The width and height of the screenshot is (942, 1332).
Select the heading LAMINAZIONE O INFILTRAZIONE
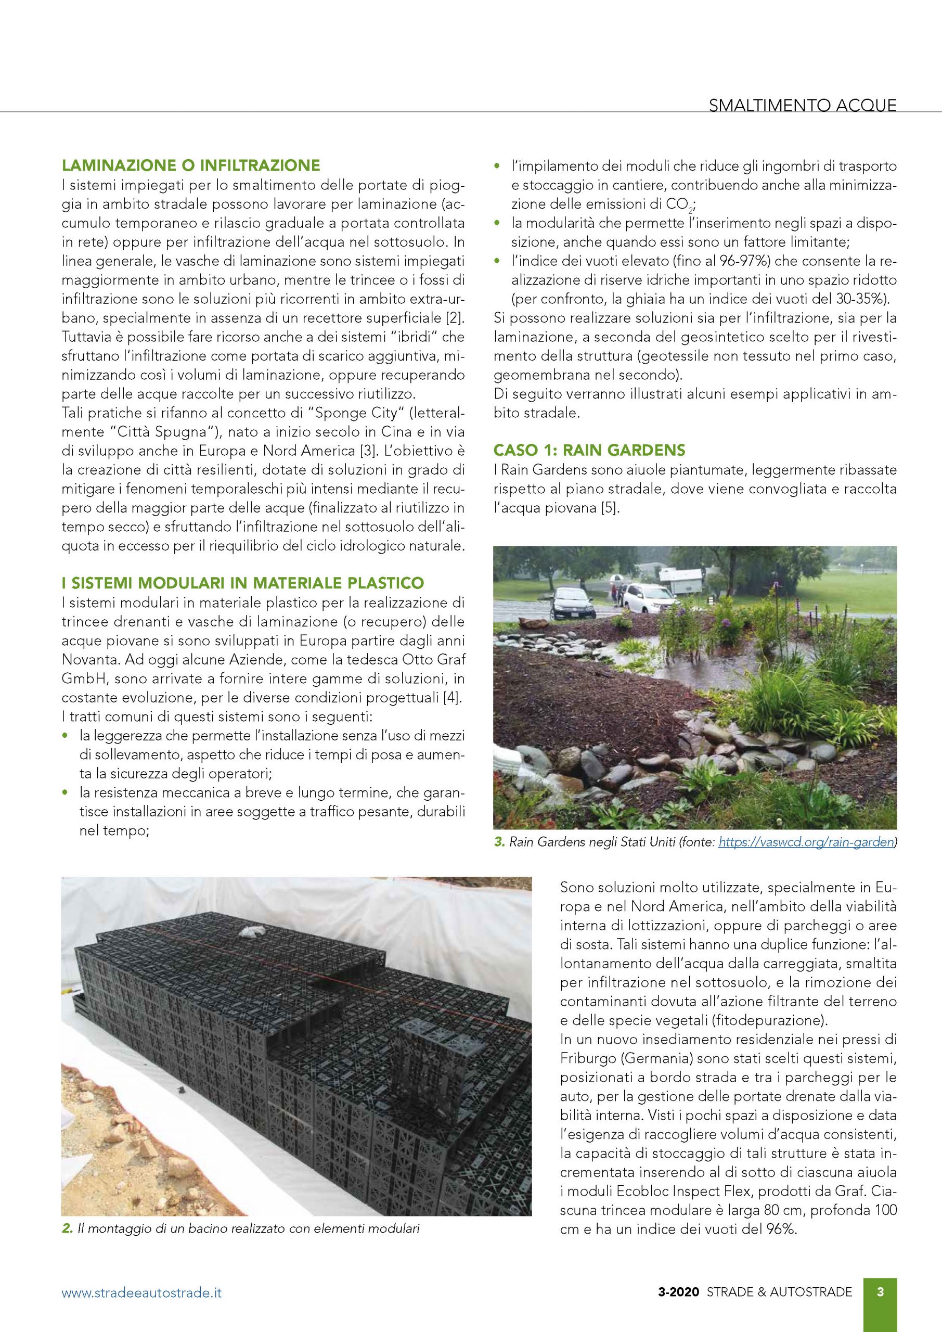tap(191, 165)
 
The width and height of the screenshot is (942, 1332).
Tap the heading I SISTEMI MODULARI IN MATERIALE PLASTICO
tap(243, 582)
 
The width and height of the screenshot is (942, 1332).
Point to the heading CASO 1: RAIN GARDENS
tap(589, 450)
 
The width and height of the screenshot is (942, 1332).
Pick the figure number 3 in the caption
tap(499, 842)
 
